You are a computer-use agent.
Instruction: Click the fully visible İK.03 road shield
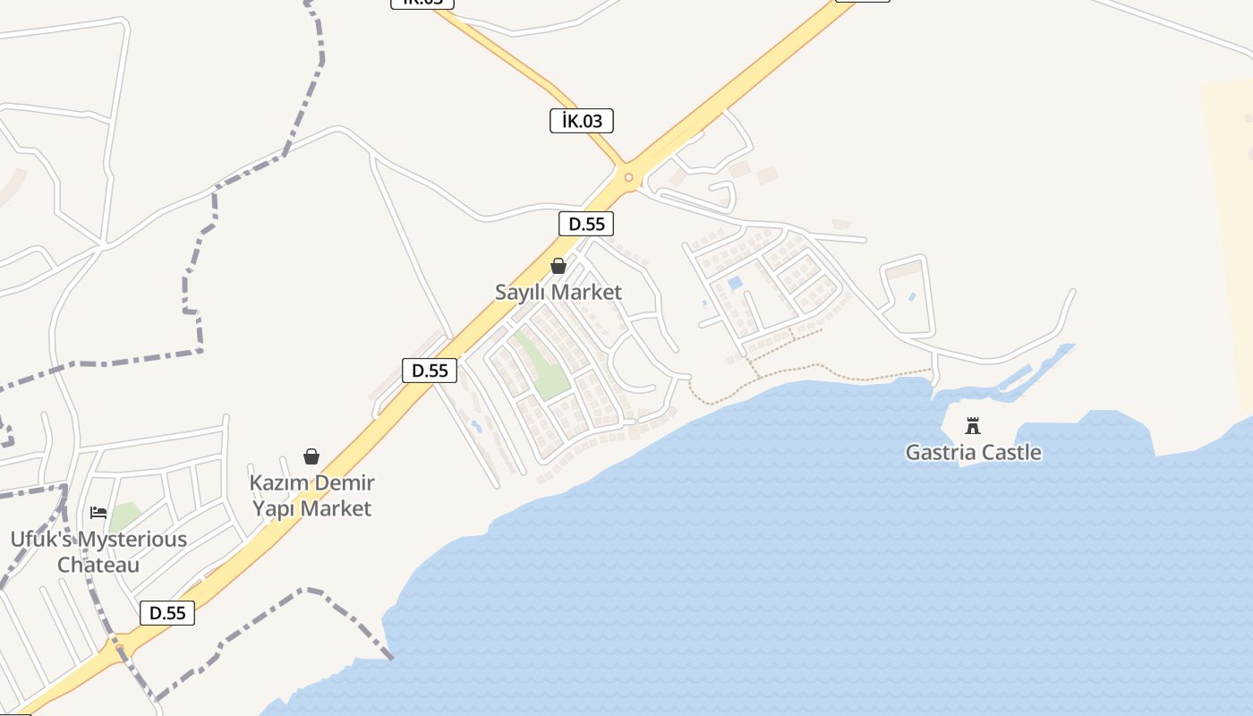point(581,121)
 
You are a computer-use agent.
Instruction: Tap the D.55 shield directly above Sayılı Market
point(586,224)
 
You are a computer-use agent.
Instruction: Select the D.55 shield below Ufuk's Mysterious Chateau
point(167,613)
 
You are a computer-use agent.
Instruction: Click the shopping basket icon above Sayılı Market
point(558,266)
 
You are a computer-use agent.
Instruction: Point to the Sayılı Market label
point(558,292)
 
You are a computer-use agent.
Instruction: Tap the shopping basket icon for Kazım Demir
point(311,456)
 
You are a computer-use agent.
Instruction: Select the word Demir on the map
point(344,483)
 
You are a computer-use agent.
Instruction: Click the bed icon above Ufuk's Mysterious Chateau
point(98,513)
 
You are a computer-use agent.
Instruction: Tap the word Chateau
point(98,565)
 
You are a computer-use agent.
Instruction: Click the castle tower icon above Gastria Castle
point(973,425)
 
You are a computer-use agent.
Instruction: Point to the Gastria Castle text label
point(973,452)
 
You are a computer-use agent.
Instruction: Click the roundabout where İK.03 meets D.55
point(628,177)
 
